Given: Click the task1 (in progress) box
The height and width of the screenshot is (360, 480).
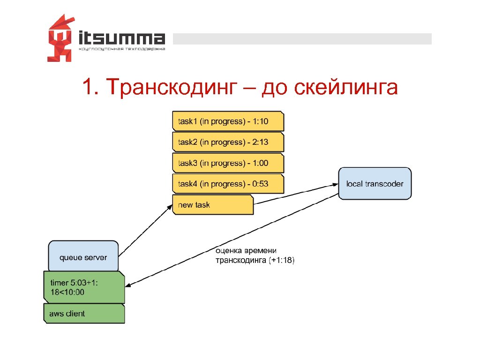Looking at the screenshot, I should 228,121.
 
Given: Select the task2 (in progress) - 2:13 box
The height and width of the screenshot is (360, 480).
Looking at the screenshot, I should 228,142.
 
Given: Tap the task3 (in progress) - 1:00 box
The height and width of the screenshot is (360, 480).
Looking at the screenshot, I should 228,163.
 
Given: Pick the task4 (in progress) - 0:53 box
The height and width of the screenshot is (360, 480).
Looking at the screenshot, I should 228,184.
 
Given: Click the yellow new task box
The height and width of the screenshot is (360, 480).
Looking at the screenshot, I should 213,205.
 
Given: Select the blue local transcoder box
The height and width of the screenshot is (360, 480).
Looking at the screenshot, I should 375,184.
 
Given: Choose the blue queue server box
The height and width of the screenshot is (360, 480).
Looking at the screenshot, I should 83,257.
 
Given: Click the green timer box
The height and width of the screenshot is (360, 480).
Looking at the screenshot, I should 84,287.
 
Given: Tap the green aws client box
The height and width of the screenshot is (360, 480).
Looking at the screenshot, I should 84,314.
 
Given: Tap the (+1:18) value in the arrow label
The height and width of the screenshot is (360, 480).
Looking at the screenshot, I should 282,261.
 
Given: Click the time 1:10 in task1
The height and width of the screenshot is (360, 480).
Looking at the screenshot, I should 260,122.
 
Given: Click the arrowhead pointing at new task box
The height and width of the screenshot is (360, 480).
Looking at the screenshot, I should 170,207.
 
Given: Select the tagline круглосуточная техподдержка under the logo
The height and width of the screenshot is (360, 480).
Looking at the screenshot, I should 122,49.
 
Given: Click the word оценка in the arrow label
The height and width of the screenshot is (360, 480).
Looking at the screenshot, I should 229,251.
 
